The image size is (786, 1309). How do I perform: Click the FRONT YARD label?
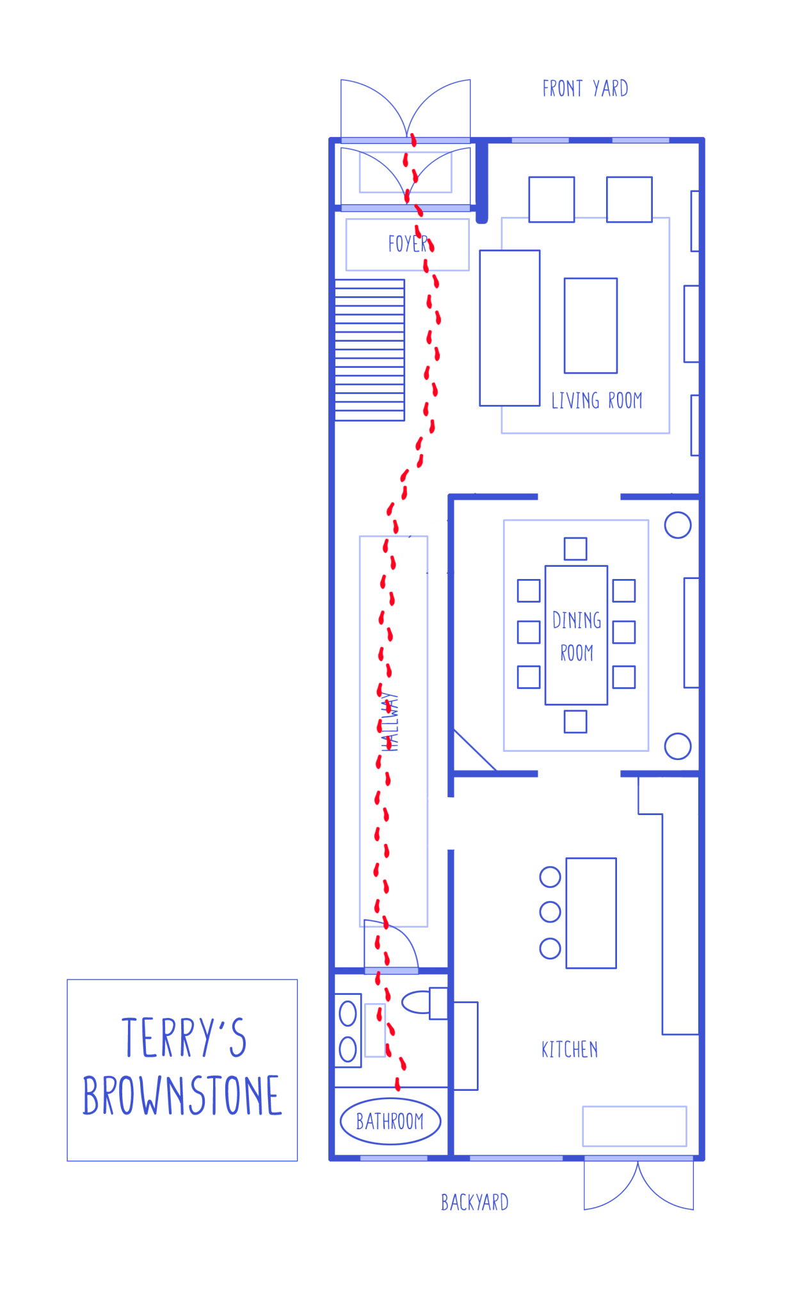(x=585, y=88)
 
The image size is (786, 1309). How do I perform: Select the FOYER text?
(x=408, y=244)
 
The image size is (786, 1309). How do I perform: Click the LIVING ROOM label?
(x=597, y=401)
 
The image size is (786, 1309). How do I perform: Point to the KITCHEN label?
(x=570, y=1050)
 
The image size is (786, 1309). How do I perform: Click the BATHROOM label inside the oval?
(x=390, y=1122)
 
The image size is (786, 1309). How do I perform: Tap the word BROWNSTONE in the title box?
(x=182, y=1096)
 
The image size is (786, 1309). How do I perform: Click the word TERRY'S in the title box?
(x=184, y=1037)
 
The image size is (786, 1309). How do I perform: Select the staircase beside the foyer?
(x=369, y=350)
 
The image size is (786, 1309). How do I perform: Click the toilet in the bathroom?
(x=422, y=1002)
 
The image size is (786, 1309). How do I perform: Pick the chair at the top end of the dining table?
(x=575, y=548)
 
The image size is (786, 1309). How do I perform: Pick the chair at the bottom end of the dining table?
(x=575, y=722)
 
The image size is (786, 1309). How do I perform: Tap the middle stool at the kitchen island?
(x=550, y=912)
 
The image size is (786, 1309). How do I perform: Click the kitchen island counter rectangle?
(x=591, y=913)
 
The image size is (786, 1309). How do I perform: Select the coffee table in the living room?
(x=590, y=326)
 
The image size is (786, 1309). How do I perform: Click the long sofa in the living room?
(x=509, y=328)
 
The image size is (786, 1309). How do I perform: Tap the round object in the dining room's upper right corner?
(x=678, y=525)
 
